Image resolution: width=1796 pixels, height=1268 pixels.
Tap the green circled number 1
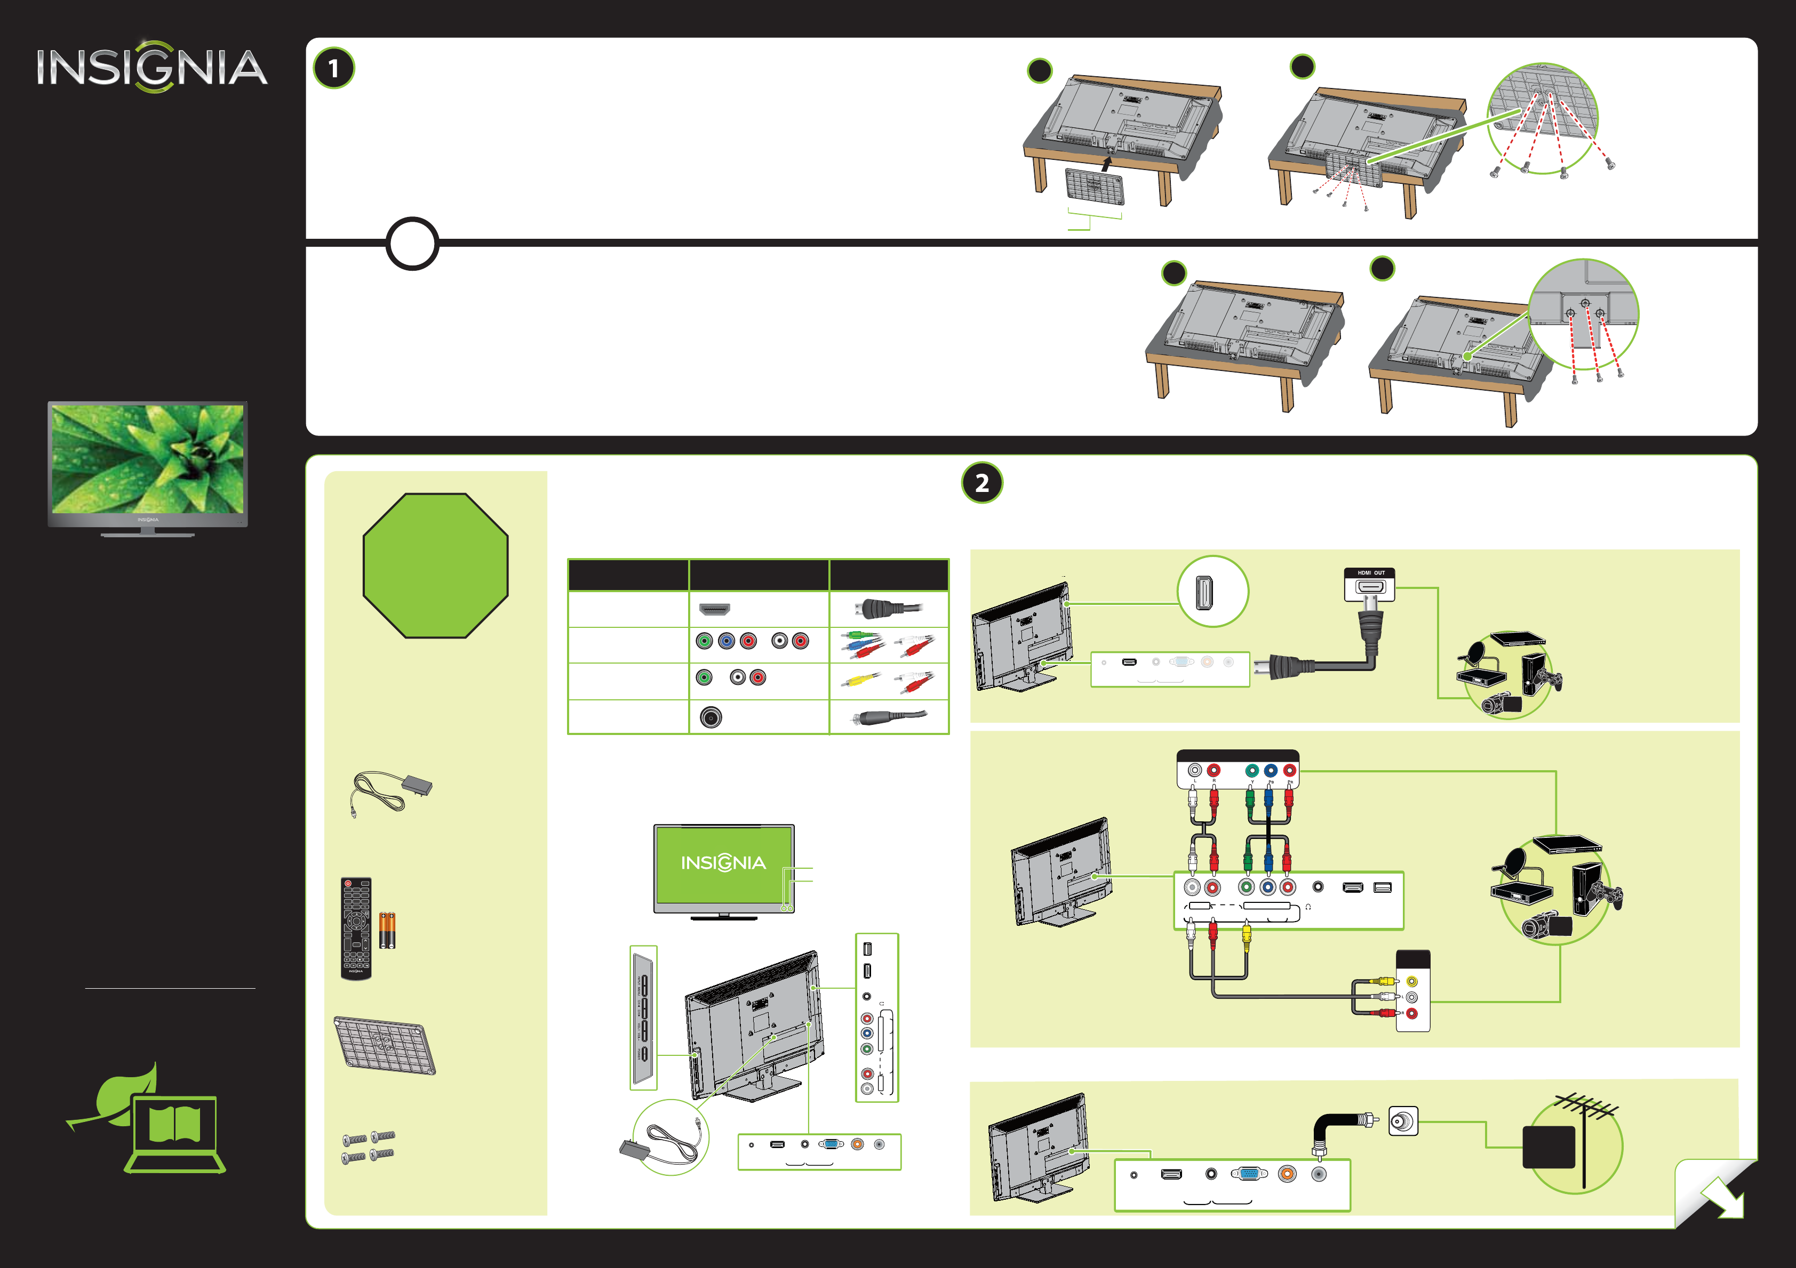click(334, 69)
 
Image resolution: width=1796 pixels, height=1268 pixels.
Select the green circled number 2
click(981, 483)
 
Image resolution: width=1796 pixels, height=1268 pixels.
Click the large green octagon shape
click(436, 565)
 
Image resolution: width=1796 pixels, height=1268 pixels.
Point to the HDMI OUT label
click(1370, 573)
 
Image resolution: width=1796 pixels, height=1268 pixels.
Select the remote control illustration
click(356, 928)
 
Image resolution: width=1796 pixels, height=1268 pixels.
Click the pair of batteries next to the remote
click(387, 930)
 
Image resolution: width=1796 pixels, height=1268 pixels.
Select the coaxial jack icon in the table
click(711, 717)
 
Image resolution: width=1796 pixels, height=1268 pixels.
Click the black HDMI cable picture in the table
click(889, 608)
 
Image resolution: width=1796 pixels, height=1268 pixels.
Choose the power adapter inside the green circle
click(669, 1137)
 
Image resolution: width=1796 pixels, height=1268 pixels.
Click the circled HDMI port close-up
click(1212, 592)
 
